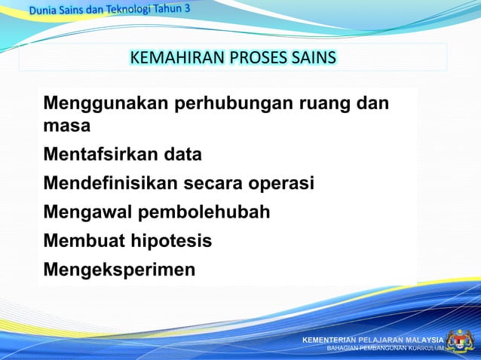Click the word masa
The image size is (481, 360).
(67, 126)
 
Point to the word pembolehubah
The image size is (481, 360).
(204, 212)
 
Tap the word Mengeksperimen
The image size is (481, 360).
(119, 269)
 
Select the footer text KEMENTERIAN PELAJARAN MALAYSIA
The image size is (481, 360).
(372, 340)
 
